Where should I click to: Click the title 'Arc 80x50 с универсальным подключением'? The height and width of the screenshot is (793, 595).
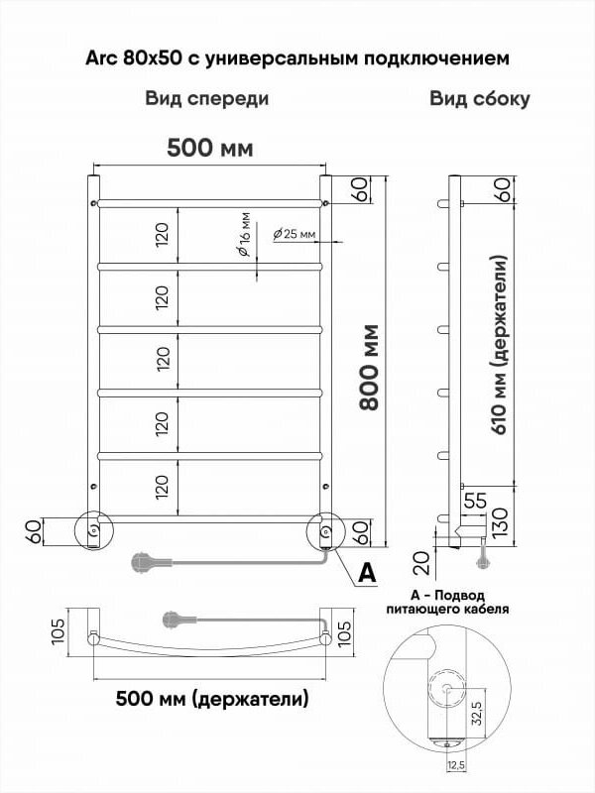[x=297, y=58]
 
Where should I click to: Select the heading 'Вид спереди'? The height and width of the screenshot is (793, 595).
[x=207, y=99]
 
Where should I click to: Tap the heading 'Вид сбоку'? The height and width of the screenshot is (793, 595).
[x=480, y=99]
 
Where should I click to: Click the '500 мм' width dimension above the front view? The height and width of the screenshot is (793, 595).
[x=209, y=149]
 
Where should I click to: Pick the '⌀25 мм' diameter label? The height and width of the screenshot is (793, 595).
[x=295, y=234]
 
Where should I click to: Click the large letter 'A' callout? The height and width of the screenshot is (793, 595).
[x=366, y=573]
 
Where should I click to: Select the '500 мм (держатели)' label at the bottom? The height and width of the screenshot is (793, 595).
[x=212, y=698]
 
